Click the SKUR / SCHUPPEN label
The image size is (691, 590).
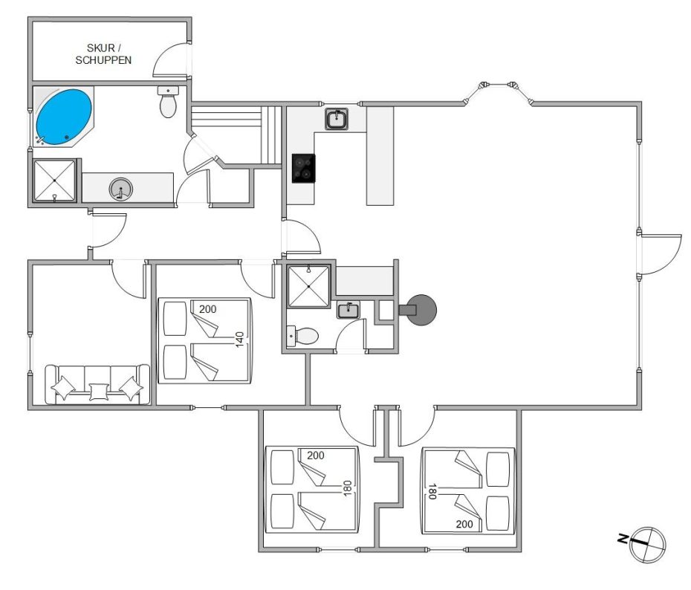pyautogui.click(x=103, y=54)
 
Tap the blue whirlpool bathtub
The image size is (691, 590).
pyautogui.click(x=64, y=117)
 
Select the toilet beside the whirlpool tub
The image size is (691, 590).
pyautogui.click(x=168, y=102)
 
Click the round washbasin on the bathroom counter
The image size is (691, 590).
pyautogui.click(x=121, y=189)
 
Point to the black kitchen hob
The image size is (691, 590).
pyautogui.click(x=304, y=168)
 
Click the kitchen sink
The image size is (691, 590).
pyautogui.click(x=337, y=119)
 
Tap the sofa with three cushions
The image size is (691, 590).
pyautogui.click(x=97, y=384)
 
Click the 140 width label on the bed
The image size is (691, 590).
pyautogui.click(x=239, y=340)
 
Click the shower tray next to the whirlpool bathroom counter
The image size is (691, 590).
pyautogui.click(x=55, y=181)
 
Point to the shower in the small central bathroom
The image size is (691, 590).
pyautogui.click(x=308, y=286)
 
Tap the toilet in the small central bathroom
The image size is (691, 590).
pyautogui.click(x=302, y=337)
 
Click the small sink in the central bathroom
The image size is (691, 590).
pyautogui.click(x=348, y=310)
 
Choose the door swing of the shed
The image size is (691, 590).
pyautogui.click(x=172, y=60)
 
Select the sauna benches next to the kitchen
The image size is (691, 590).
pyautogui.click(x=237, y=134)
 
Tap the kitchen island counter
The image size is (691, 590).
pyautogui.click(x=380, y=156)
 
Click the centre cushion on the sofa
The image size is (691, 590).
pyautogui.click(x=99, y=392)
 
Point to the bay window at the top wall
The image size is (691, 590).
pyautogui.click(x=498, y=91)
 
